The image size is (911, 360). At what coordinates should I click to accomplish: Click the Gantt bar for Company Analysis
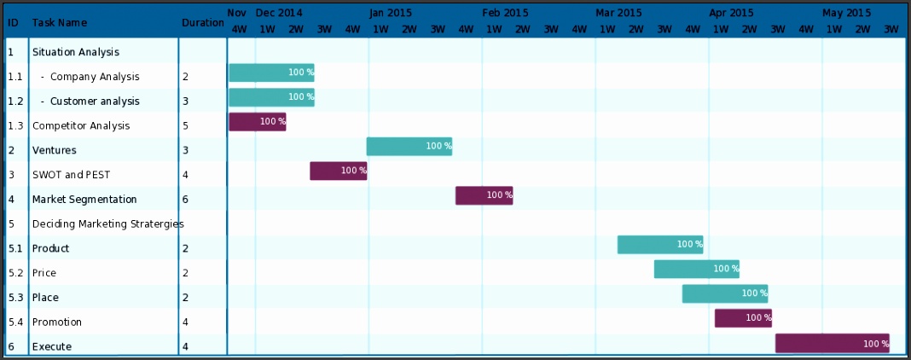point(271,73)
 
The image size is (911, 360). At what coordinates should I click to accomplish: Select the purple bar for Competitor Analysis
point(257,122)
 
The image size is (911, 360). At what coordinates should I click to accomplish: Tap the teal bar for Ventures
point(409,147)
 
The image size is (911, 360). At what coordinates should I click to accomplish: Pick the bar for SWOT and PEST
point(338,171)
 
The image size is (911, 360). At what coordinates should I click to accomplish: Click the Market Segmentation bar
point(484,195)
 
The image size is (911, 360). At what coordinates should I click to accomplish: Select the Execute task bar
point(832,344)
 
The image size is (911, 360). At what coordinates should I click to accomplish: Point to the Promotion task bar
point(743,318)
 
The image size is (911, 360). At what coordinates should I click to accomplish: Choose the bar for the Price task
point(696,270)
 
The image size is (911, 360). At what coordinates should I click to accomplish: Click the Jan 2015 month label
point(392,13)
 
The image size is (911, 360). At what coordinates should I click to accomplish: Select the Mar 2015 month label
point(618,13)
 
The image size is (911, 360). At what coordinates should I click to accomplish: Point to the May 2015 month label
point(846,13)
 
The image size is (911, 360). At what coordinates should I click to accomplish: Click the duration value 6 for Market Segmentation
point(185,200)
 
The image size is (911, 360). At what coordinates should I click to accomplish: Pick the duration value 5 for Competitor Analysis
point(185,126)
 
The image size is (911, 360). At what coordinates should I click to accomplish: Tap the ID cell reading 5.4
point(15,322)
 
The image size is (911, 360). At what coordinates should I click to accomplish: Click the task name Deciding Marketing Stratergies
point(107,224)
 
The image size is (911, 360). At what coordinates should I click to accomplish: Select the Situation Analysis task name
point(75,52)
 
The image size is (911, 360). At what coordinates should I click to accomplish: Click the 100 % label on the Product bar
point(689,245)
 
